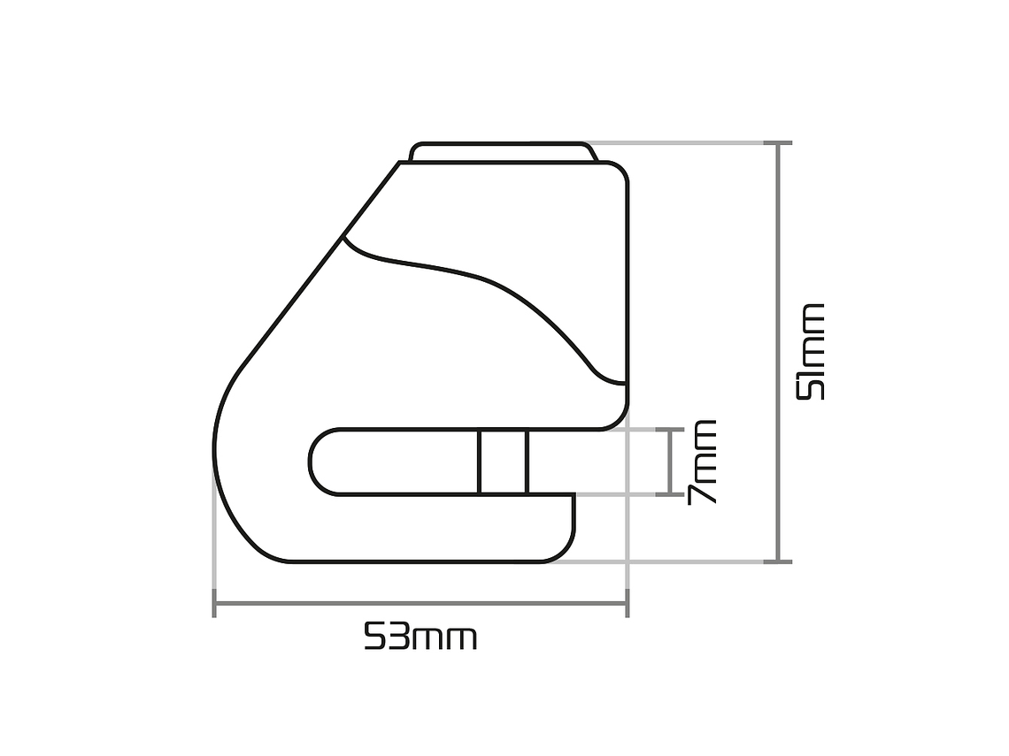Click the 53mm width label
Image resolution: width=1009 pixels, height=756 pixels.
(x=420, y=637)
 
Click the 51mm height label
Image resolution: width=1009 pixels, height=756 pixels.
(x=810, y=352)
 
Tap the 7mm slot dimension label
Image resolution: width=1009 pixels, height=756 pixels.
(x=701, y=462)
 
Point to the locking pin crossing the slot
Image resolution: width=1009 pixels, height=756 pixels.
(x=504, y=462)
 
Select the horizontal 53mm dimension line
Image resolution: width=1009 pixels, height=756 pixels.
(x=420, y=603)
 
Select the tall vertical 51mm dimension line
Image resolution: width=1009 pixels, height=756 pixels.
(x=778, y=352)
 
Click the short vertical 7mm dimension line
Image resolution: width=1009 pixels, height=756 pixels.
(x=670, y=462)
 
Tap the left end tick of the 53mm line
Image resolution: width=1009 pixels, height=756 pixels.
(x=214, y=603)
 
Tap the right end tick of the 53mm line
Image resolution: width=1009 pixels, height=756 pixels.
(x=627, y=603)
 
